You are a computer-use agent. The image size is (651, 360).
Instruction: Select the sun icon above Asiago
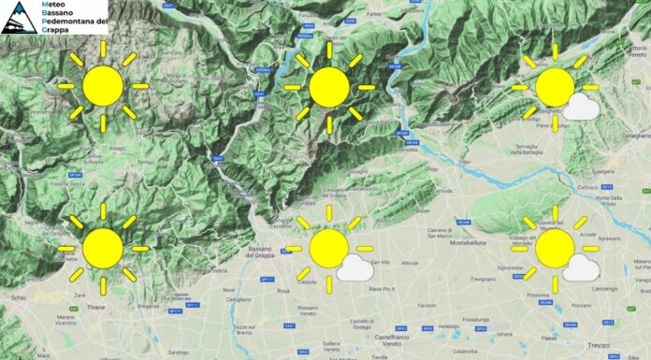(x=102, y=86)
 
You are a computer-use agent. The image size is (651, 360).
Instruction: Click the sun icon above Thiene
(x=102, y=248)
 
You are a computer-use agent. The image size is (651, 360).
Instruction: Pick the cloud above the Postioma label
(x=582, y=267)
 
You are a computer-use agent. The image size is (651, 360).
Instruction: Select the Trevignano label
(x=483, y=280)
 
